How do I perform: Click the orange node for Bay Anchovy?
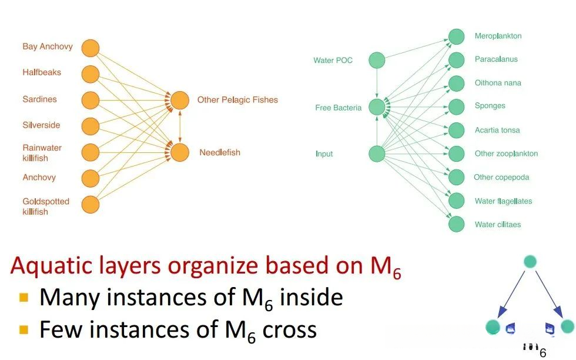coord(90,48)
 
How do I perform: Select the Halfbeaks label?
coord(42,72)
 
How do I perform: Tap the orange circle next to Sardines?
coord(90,99)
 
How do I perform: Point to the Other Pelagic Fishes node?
coord(180,100)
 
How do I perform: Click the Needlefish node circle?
coord(180,152)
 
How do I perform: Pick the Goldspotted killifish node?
coord(90,204)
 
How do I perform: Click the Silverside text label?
coord(41,125)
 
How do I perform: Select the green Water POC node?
coord(377,60)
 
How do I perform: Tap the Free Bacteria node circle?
coord(377,107)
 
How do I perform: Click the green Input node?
coord(377,154)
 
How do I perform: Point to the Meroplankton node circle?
coord(457,36)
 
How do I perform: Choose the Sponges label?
coord(490,106)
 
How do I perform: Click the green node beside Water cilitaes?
coord(457,224)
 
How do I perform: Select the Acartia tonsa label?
coord(497,130)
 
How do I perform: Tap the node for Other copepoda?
coord(457,176)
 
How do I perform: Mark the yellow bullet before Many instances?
coord(24,298)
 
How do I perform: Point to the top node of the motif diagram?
coord(531,263)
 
